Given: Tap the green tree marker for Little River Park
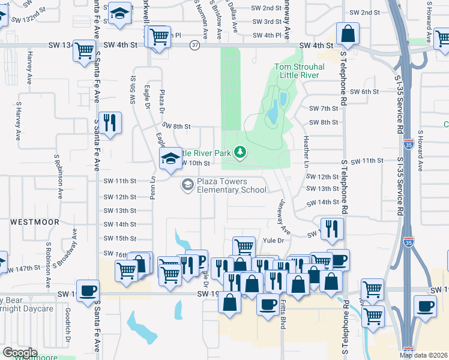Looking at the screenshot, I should pos(240,152).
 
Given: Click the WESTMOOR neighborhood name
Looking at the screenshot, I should pos(35,222).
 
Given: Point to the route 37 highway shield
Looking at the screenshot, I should pos(194,46).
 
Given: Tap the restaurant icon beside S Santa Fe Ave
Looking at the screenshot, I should pos(110,123).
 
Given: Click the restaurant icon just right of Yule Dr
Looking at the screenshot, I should pos(330,229).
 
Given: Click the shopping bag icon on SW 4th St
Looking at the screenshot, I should pos(348,34).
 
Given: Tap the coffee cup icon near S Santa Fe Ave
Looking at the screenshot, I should pos(88,291).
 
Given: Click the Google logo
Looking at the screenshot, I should pos(20,353).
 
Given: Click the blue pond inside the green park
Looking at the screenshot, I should pos(273,109).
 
